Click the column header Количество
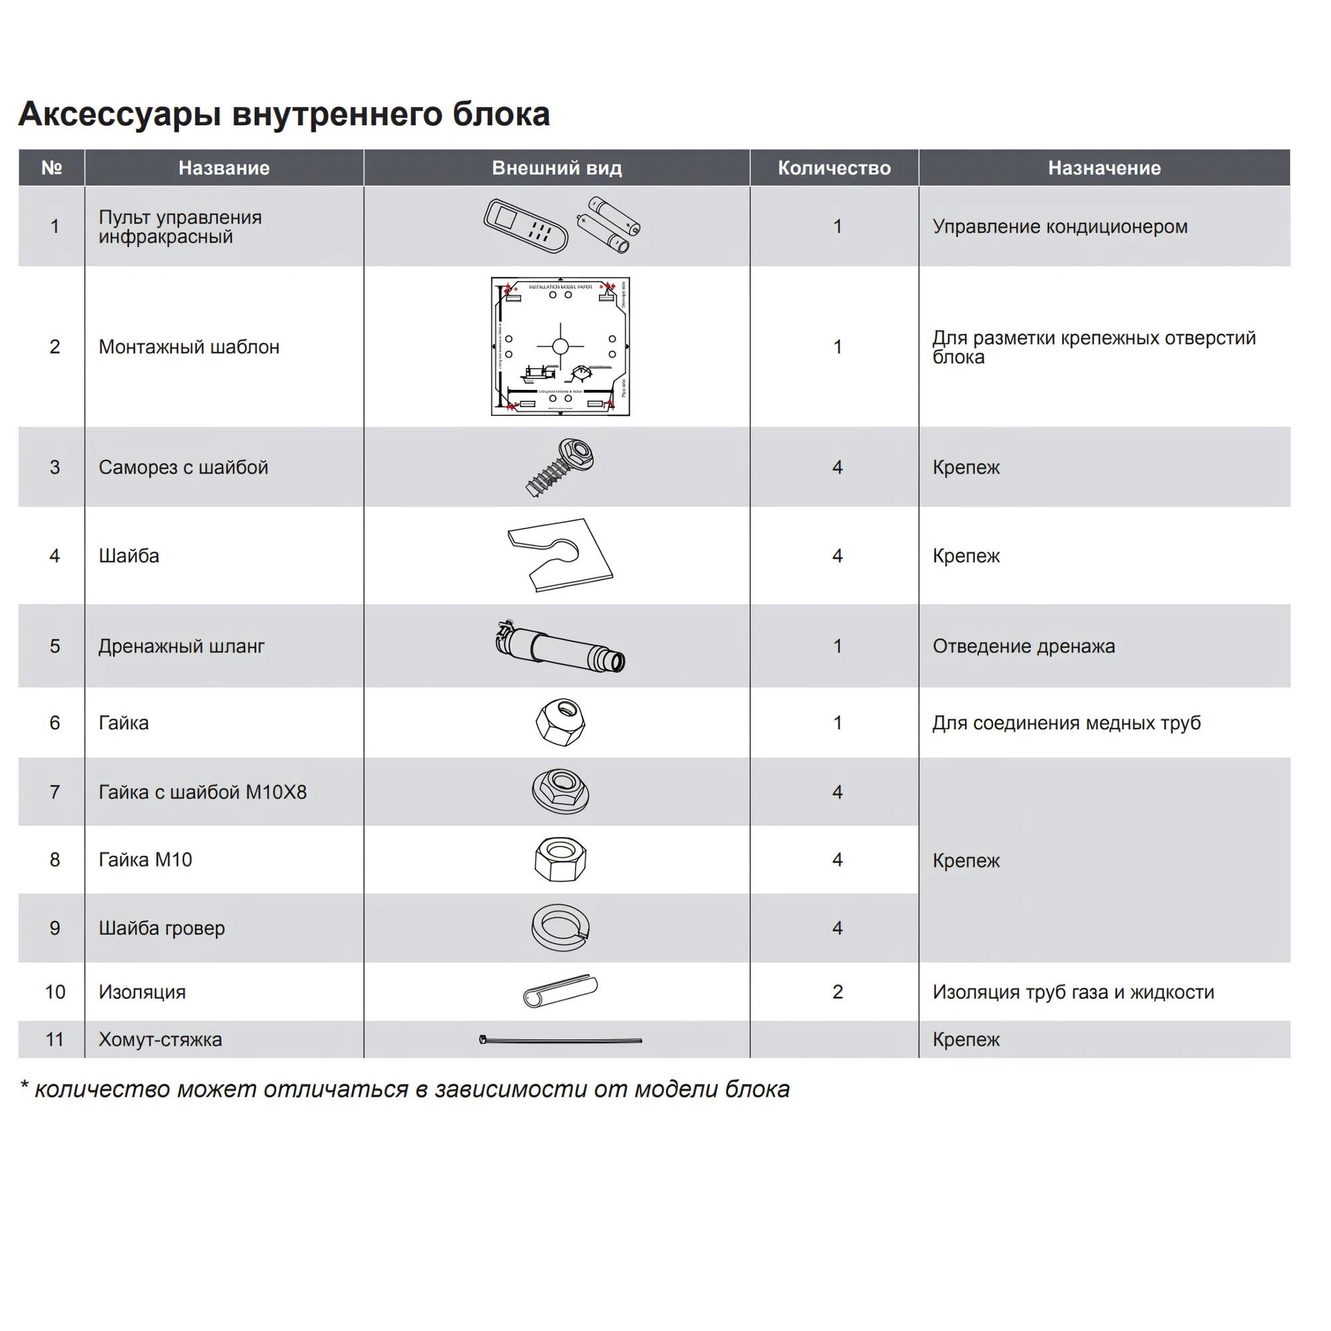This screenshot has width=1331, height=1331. tap(834, 168)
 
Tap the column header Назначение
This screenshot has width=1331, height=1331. tap(1103, 168)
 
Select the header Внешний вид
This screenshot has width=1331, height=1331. tap(556, 168)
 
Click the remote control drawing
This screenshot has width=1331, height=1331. tap(525, 226)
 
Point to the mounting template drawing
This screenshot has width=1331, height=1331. tap(560, 347)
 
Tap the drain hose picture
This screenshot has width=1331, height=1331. tap(560, 646)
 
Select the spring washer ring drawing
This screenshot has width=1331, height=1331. tap(560, 927)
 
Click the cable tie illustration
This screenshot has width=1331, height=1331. tap(560, 1040)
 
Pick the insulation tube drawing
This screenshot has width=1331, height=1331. tap(560, 992)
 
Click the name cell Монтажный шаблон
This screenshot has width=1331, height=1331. tap(189, 347)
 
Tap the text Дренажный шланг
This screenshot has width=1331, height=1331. tap(181, 646)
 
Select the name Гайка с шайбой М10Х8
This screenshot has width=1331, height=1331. tap(202, 792)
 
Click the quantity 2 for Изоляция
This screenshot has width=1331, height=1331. tap(837, 992)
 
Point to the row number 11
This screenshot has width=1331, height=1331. tap(55, 1040)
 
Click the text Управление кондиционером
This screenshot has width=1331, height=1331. tap(1059, 227)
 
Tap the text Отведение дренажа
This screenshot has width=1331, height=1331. tap(1023, 646)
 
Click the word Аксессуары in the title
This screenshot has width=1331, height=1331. tap(120, 114)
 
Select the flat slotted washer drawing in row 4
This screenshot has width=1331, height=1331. tap(560, 555)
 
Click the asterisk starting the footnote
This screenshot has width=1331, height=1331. tap(24, 1089)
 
